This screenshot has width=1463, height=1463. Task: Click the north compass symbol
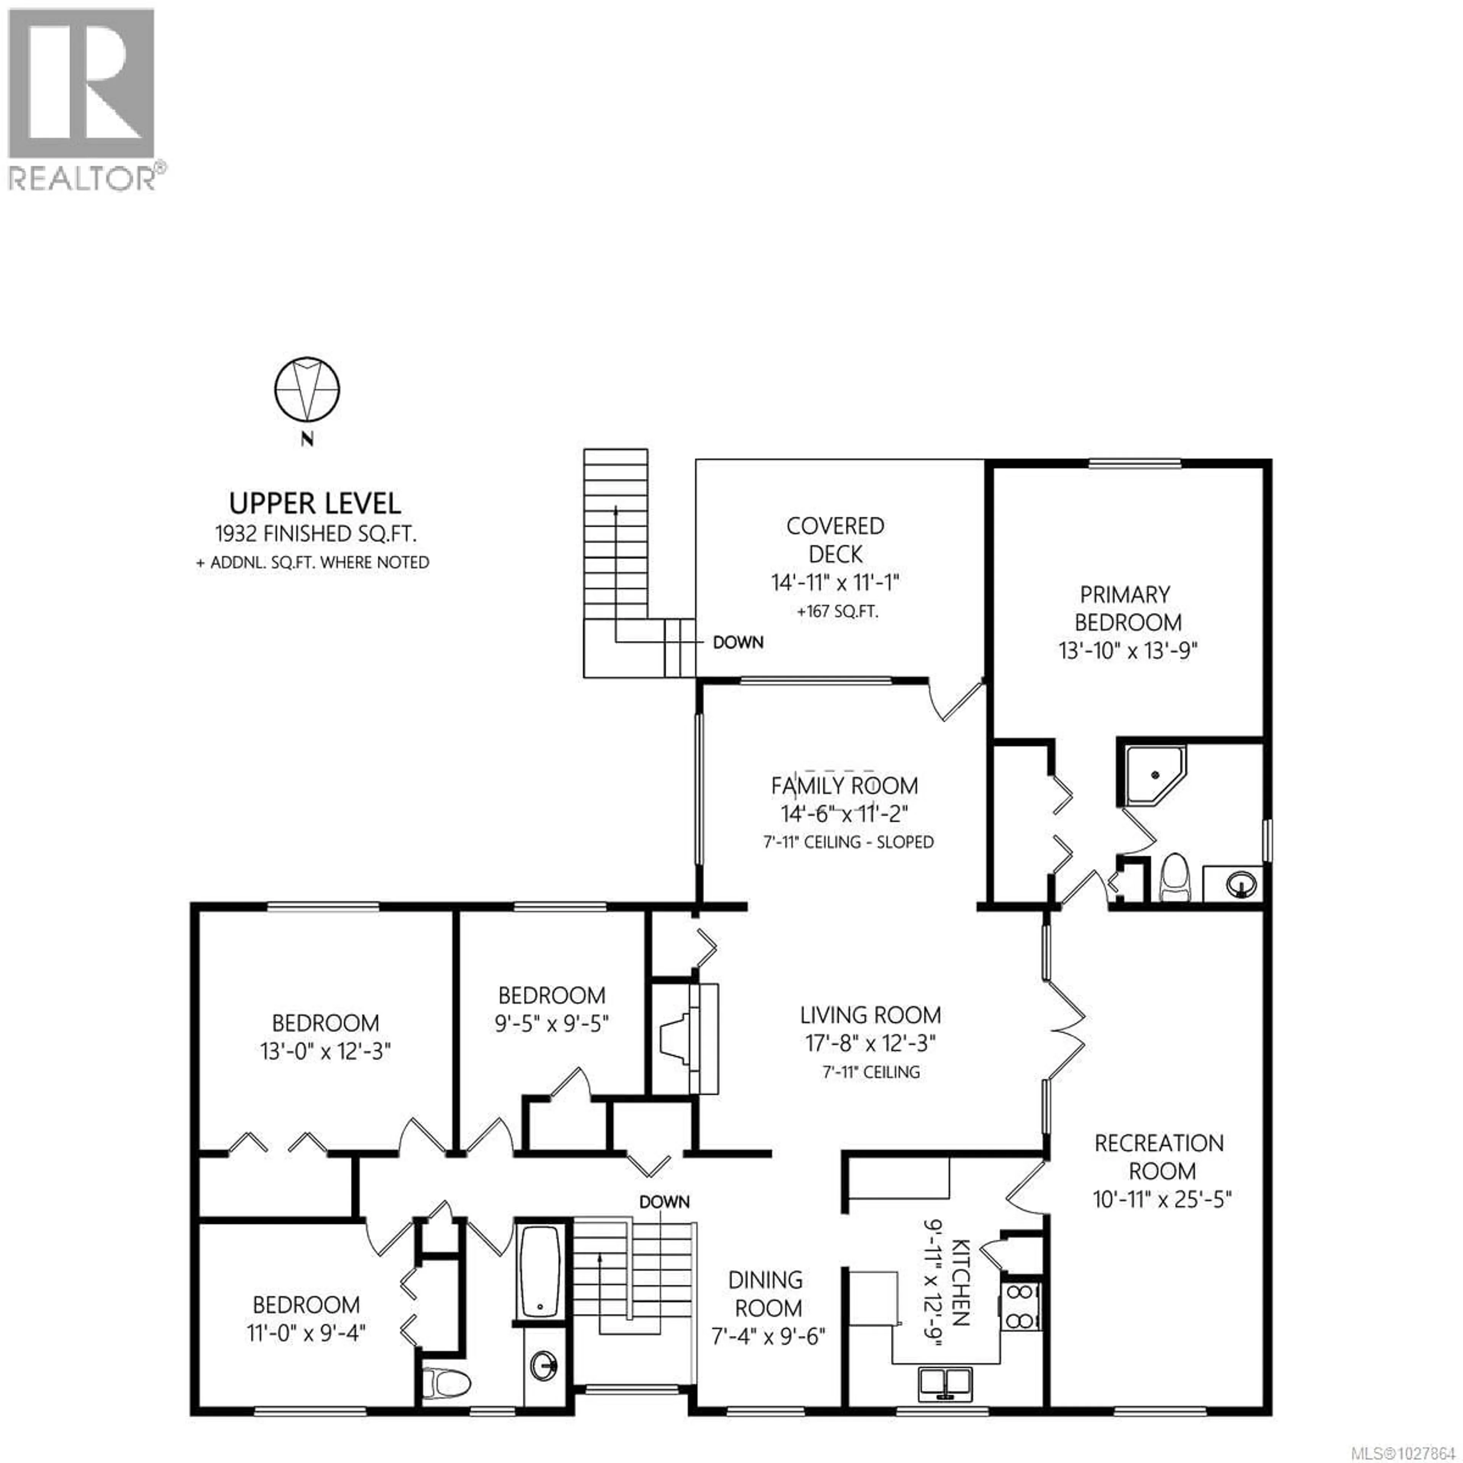click(307, 390)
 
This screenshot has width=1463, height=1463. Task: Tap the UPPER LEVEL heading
click(315, 504)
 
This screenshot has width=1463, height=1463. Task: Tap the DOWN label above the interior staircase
click(664, 1202)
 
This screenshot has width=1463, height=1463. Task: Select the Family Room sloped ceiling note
click(848, 842)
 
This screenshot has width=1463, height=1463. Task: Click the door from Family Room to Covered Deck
click(957, 701)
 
